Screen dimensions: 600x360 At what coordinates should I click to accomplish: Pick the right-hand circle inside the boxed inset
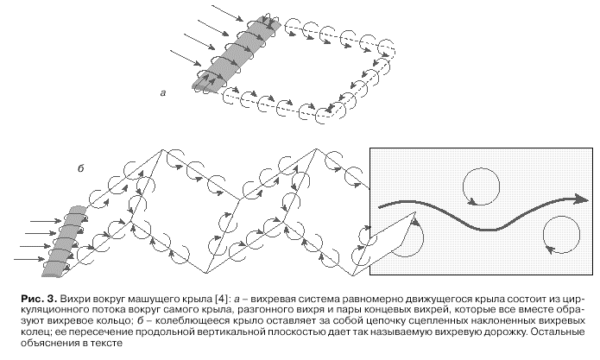coord(560,236)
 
